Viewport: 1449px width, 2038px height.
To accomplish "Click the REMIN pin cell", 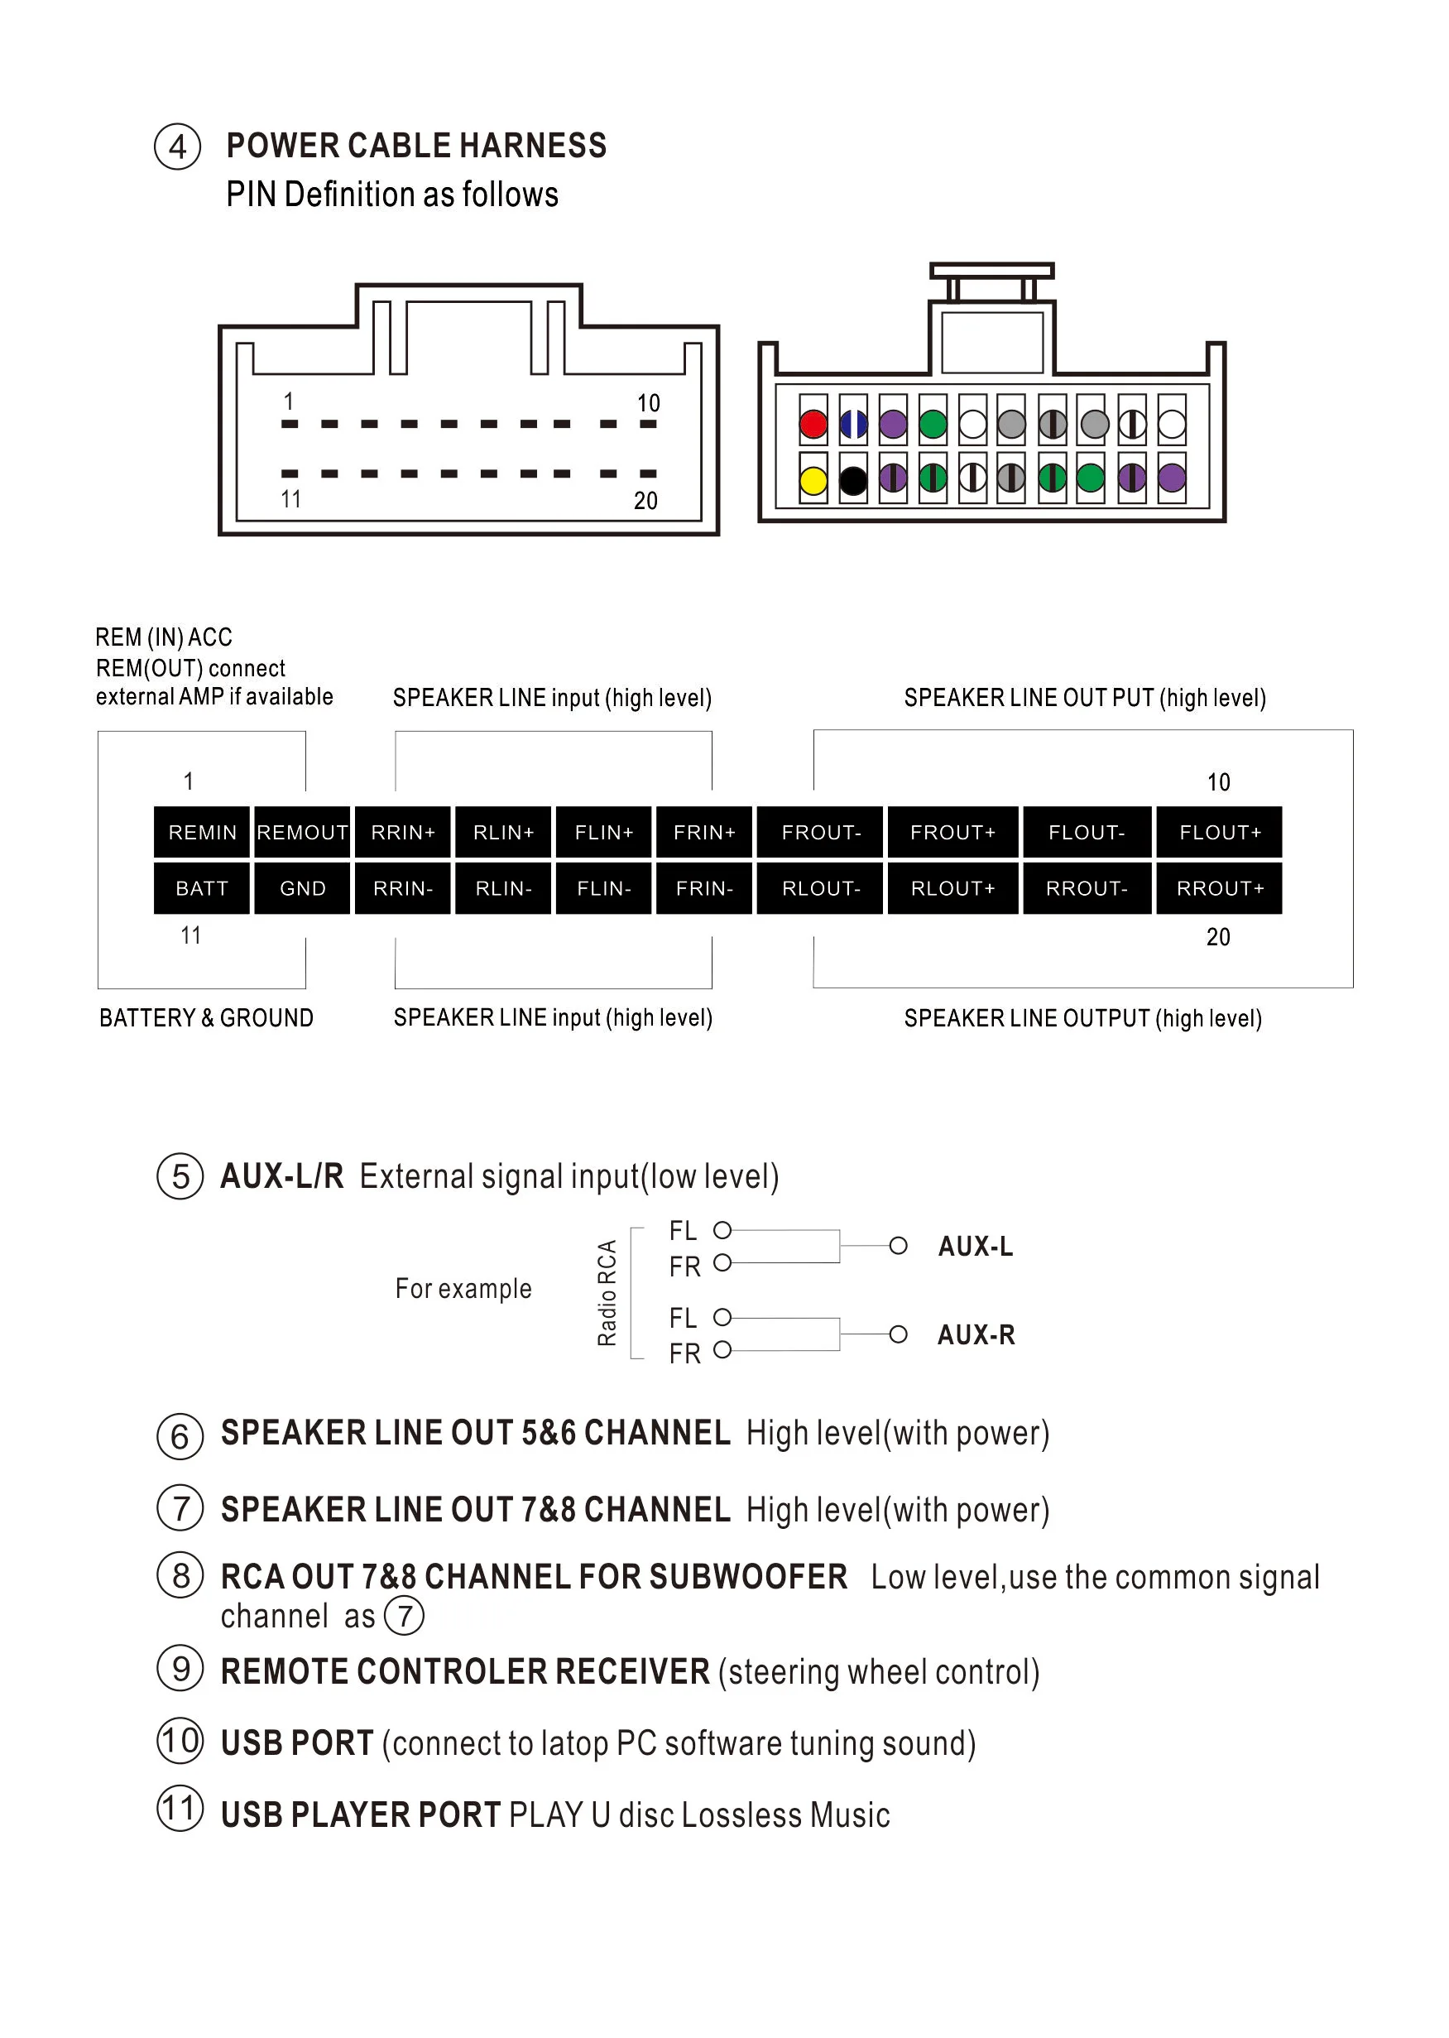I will click(202, 833).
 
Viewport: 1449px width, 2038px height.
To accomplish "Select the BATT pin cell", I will click(202, 888).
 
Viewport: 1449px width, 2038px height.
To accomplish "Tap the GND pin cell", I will click(303, 888).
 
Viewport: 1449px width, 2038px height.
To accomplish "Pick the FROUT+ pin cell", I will click(952, 833).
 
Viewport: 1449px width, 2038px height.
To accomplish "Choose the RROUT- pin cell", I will click(1086, 888).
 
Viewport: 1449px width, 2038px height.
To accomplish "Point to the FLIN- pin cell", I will click(603, 888).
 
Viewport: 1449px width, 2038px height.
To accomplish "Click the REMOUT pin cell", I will click(303, 833).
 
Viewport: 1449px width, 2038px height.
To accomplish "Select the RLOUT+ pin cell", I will click(952, 888).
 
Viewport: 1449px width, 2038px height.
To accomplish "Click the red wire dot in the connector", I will click(813, 425).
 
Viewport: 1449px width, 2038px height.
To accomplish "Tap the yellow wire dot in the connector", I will click(813, 481).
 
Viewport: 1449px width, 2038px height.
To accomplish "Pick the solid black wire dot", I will click(853, 481).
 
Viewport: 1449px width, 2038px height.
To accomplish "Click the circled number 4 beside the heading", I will click(178, 147).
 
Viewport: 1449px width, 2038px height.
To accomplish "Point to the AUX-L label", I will click(975, 1247).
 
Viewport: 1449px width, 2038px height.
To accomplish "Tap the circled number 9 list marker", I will click(180, 1669).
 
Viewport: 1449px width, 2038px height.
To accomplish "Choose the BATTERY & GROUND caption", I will click(206, 1018).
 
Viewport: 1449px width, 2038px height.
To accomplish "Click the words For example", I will click(463, 1289).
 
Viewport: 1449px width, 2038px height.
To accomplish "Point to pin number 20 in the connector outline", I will click(646, 501).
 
